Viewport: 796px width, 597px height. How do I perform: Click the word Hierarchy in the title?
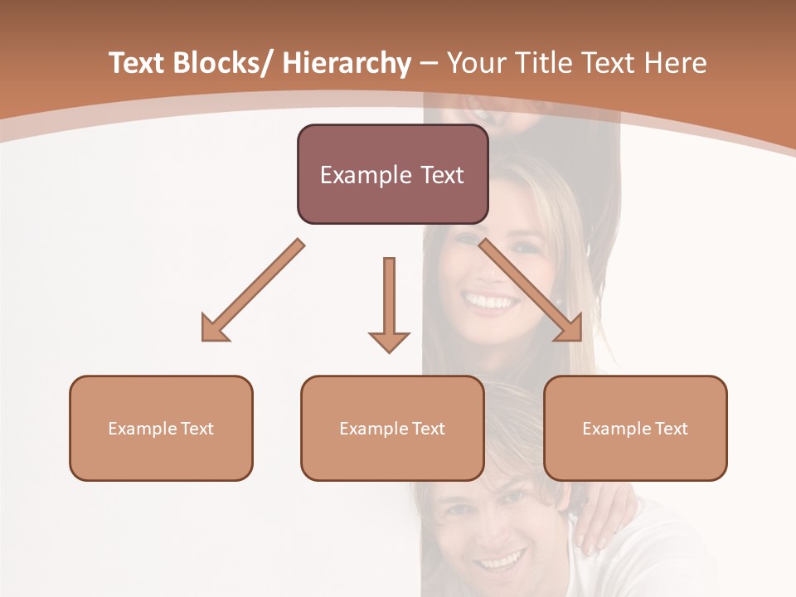[347, 64]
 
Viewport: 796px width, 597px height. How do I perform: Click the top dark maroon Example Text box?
[392, 175]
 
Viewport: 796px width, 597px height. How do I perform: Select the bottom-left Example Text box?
[161, 429]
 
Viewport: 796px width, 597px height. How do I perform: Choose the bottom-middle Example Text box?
[392, 429]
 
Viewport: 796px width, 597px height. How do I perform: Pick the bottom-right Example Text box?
[635, 429]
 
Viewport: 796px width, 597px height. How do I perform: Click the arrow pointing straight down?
[389, 298]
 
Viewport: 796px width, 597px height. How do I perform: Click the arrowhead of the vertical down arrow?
[389, 340]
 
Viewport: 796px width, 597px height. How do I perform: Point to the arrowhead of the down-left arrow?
[212, 331]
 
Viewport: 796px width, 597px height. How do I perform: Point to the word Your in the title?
[476, 64]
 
